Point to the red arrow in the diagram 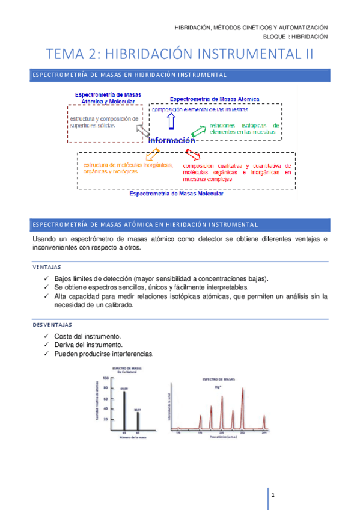[x=191, y=155]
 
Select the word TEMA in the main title [x=66, y=54]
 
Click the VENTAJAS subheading [x=47, y=266]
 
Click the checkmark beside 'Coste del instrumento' [x=47, y=336]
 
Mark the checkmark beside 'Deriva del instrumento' [x=47, y=345]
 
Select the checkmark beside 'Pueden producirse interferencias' [x=47, y=354]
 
